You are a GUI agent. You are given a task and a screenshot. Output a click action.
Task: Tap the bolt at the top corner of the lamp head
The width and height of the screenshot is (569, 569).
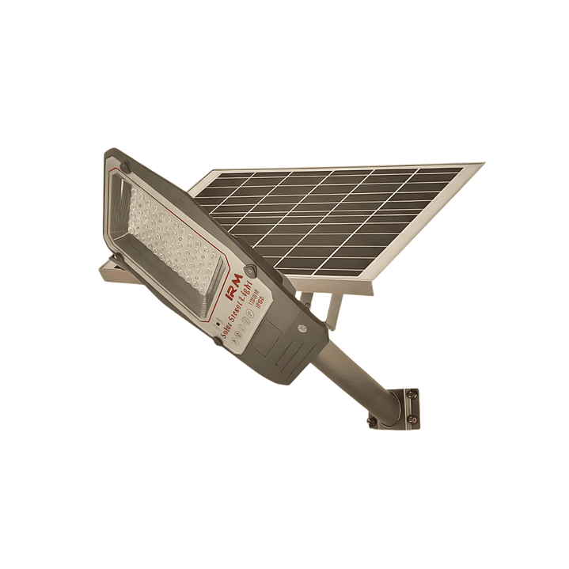click(124, 167)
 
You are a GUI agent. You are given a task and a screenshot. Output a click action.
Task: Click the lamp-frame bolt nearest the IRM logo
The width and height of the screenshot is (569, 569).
click(250, 271)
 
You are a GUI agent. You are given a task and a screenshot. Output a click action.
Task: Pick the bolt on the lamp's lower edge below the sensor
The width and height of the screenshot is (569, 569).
click(216, 341)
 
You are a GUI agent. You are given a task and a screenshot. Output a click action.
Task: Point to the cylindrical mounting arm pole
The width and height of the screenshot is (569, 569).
click(356, 377)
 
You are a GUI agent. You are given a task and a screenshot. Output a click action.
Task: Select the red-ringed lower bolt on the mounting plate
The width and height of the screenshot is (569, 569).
click(411, 419)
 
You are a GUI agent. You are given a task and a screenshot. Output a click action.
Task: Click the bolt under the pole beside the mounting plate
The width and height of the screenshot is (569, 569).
click(371, 420)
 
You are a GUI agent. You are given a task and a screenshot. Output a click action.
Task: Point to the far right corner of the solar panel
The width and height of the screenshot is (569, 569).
click(480, 165)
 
